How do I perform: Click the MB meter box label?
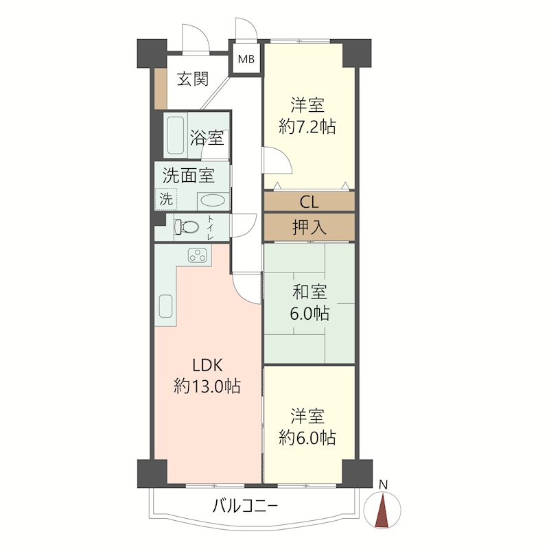click(246, 59)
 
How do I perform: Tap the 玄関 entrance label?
click(193, 80)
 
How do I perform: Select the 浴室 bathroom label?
click(207, 137)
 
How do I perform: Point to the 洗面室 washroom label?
click(188, 176)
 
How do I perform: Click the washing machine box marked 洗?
click(166, 200)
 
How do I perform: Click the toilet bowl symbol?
click(186, 226)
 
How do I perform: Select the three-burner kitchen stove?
click(198, 255)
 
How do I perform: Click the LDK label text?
click(207, 365)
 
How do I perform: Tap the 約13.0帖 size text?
click(207, 386)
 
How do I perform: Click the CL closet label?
click(309, 202)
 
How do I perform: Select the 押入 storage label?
click(309, 228)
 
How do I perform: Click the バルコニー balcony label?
click(245, 507)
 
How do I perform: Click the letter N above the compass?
click(384, 485)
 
